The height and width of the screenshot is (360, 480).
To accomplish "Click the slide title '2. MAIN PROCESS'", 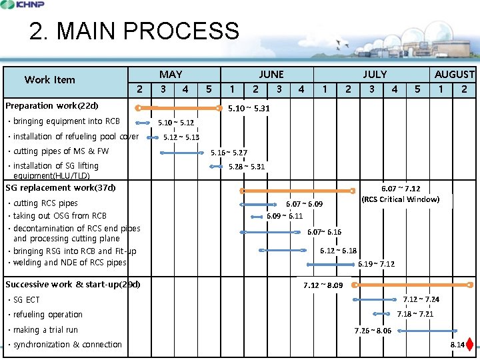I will point(134,31).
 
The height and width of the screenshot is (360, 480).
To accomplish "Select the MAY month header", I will point(171,75).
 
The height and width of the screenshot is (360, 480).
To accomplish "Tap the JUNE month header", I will point(271,75).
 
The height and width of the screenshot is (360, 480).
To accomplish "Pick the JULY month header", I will point(374,75).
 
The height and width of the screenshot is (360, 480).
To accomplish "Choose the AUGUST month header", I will point(454,75).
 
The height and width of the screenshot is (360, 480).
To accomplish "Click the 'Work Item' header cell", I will point(50,80).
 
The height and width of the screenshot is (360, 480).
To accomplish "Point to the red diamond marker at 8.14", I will point(470,345).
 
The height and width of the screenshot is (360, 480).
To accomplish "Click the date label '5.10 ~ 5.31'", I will point(249,108).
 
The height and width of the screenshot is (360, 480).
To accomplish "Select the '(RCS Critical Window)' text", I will point(400,199).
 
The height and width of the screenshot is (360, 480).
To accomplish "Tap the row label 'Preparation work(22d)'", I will point(52,106).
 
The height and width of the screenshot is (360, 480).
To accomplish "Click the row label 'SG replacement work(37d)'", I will point(61,188).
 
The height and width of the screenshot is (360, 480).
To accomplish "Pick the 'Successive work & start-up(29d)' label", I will point(73,285).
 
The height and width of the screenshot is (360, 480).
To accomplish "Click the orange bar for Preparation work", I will point(179,107).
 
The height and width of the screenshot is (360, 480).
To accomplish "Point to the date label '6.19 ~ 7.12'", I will point(376,264).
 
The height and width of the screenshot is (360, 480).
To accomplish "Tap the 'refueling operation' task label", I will point(48,315).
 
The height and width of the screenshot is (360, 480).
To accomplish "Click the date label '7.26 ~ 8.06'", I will point(373,331).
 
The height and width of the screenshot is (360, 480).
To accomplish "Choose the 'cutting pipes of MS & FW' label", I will point(61,151).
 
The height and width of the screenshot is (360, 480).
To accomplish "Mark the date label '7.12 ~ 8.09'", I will point(323,285).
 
